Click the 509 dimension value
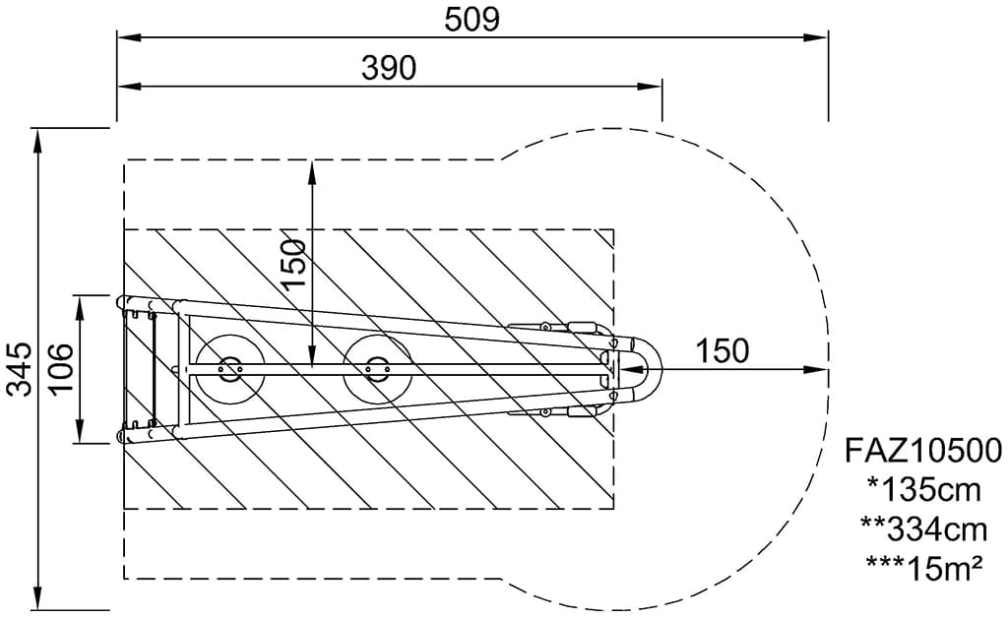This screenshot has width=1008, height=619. coord(472,20)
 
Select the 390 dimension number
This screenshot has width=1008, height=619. coord(389,68)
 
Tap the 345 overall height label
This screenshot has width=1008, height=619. coord(20,370)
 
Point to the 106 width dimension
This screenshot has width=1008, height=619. coord(60,370)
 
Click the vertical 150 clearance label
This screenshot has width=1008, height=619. coord(293,264)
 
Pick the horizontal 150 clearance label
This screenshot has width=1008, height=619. coord(722,351)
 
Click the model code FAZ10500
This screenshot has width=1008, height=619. coord(923,452)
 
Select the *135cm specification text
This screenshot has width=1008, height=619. coord(923,490)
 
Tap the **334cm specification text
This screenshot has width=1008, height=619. coord(923,529)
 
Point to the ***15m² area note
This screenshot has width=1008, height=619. coord(923,568)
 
